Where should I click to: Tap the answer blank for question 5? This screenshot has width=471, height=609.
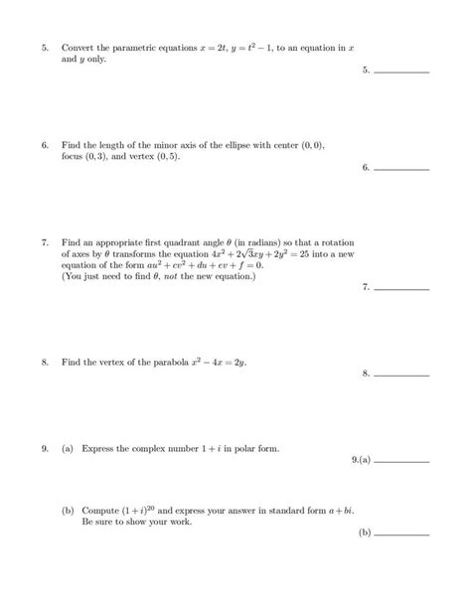tap(401, 71)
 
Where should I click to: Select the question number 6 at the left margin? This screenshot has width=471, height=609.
tap(45, 145)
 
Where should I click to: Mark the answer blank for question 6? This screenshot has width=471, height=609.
tap(401, 168)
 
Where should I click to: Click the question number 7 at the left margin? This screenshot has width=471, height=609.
tap(45, 242)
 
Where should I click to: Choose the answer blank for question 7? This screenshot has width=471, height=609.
tap(401, 288)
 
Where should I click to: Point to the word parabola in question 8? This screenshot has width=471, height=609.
tap(155, 363)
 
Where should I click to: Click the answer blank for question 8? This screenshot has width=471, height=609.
tap(401, 375)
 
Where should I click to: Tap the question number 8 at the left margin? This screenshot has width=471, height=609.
tap(45, 363)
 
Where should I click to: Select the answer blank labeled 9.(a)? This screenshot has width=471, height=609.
tap(401, 461)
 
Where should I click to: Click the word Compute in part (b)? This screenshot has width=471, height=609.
tap(98, 511)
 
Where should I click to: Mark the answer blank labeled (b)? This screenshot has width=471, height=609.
tap(401, 533)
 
